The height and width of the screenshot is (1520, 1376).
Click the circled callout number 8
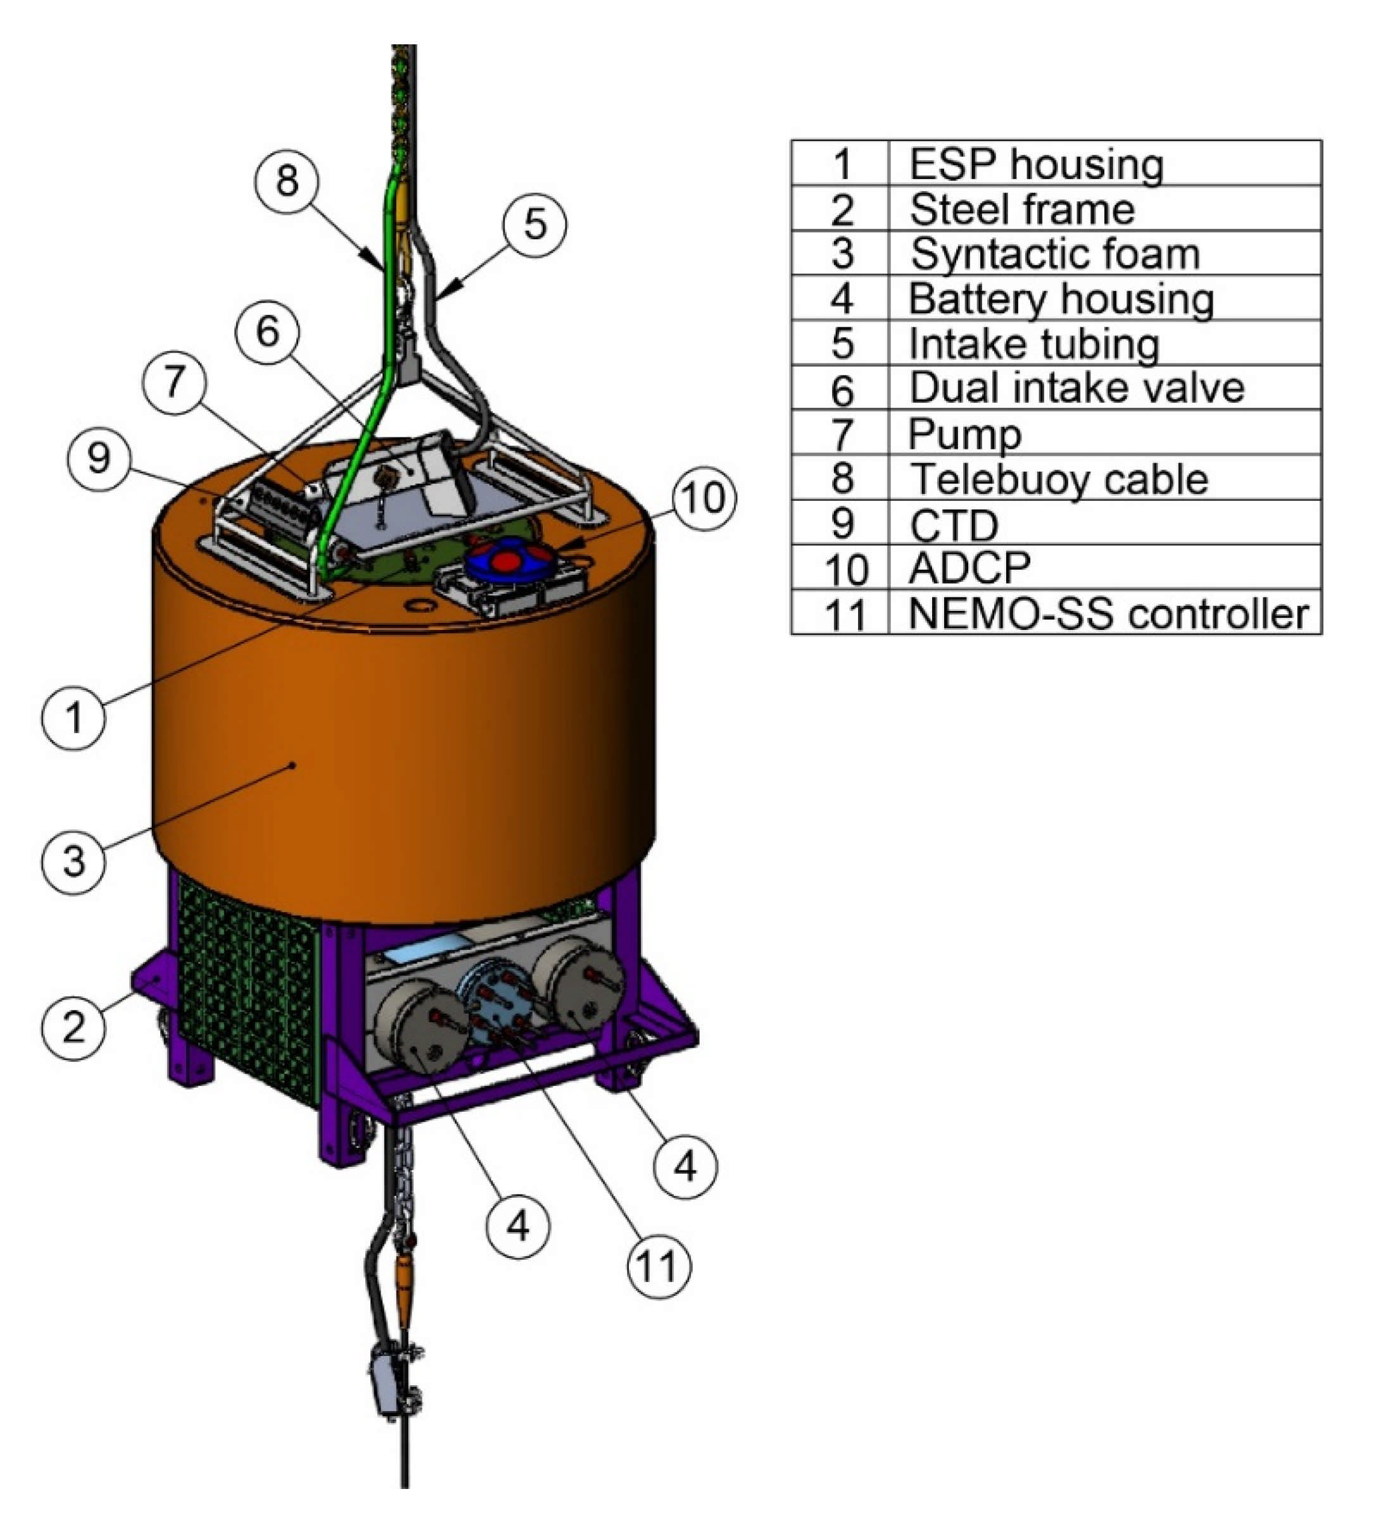coord(286,181)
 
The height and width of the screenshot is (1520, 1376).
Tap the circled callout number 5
coord(534,224)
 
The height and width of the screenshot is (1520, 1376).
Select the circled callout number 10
coord(704,498)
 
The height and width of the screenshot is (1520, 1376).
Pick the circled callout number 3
coord(73,861)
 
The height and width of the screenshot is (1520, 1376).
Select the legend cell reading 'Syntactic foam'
coord(1054,253)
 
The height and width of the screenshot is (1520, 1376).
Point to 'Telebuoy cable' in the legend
coord(1059,478)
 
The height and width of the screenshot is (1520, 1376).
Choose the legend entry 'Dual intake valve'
coord(1076,387)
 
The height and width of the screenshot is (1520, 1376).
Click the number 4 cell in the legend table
coord(841,299)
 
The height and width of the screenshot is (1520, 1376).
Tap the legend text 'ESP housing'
coord(1036,163)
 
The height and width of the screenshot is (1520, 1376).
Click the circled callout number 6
coord(267,331)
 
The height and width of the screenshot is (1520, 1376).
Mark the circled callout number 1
coord(73,716)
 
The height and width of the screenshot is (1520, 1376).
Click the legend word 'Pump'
coord(965,434)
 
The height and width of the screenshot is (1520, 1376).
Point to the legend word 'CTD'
coord(954,524)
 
